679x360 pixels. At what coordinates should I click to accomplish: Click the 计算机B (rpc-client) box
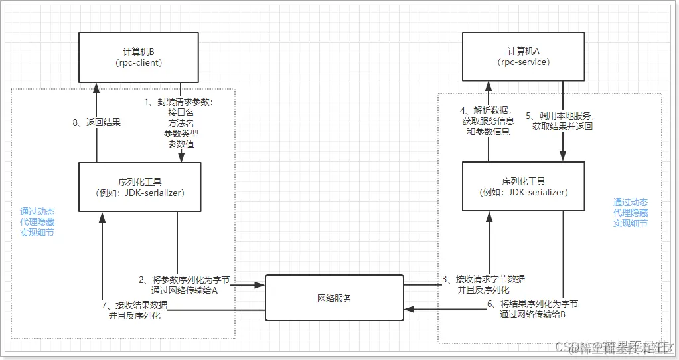coord(138,57)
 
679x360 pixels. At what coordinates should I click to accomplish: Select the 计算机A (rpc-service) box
coord(524,57)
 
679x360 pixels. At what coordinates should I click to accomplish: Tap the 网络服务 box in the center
coord(335,298)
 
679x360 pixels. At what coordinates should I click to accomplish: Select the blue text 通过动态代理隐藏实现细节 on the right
coord(630,213)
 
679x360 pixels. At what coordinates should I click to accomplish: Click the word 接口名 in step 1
coord(181,113)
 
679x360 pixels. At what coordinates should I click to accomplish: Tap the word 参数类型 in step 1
coord(181,134)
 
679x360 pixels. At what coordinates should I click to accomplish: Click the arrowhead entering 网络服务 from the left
coord(261,286)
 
